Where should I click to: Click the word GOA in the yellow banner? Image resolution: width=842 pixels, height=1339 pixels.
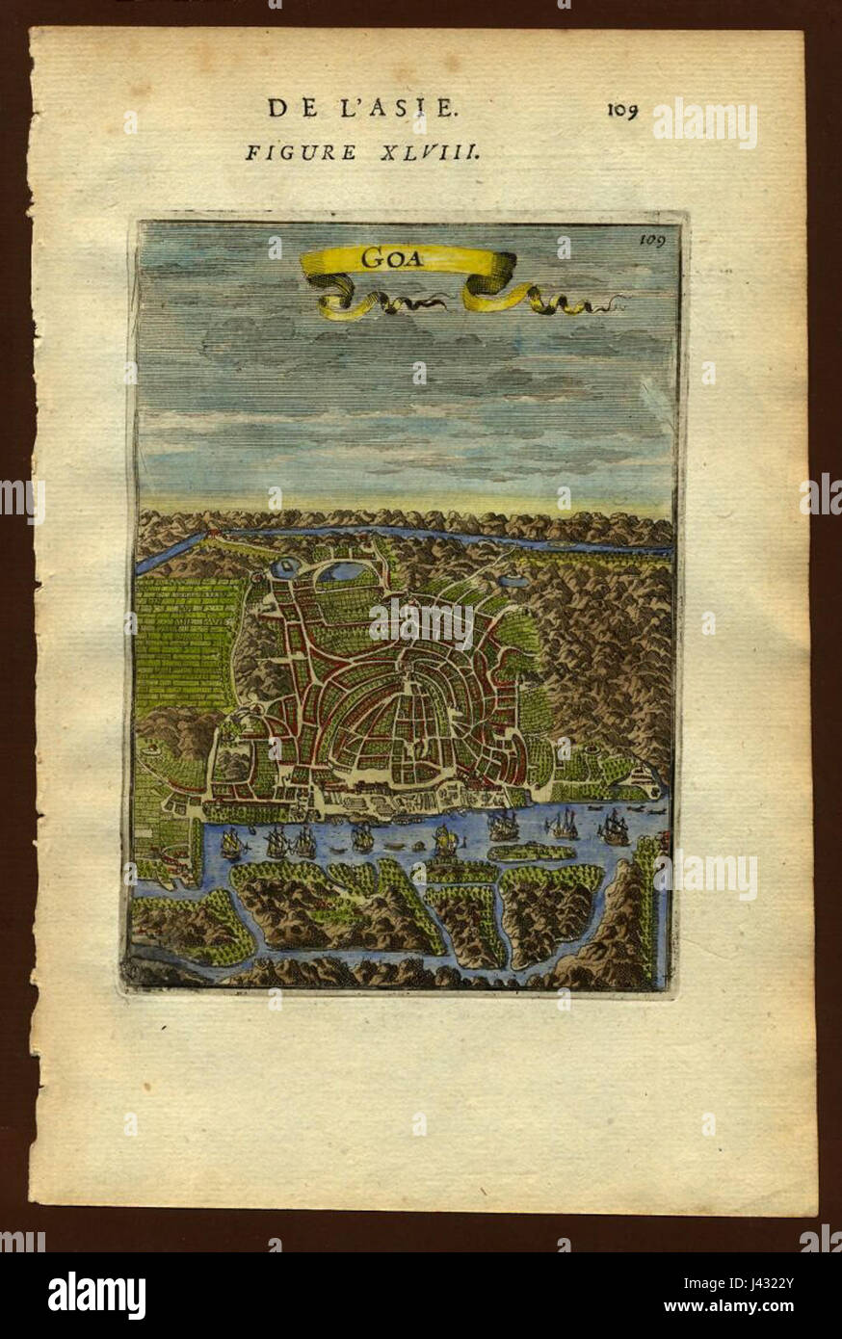pos(385,258)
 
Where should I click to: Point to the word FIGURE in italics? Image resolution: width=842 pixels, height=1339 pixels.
pos(287,152)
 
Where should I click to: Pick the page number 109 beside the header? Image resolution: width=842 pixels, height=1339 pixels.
pos(622,110)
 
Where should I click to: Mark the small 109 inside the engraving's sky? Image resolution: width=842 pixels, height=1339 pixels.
pos(651,241)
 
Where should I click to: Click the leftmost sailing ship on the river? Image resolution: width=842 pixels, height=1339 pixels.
pos(231,845)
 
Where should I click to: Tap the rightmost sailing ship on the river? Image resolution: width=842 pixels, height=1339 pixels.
pos(614,827)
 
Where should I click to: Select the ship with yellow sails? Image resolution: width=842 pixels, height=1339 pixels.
pos(444,844)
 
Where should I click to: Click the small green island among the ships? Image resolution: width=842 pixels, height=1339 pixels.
pos(531,853)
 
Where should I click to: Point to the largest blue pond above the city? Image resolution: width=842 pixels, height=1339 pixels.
pos(345,572)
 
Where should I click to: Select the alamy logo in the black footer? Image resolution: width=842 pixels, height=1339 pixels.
pos(96,1295)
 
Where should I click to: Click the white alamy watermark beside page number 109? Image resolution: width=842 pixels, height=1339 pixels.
pos(705,122)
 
